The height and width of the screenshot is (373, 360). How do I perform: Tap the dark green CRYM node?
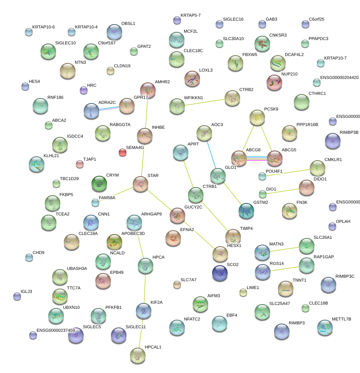click(x=99, y=183)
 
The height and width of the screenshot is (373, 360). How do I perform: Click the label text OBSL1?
click(x=128, y=23)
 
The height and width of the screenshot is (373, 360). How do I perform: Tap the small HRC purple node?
click(x=83, y=90)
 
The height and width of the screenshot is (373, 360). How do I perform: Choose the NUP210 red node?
click(x=274, y=82)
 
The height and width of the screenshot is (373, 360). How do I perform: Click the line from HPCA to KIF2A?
click(x=144, y=288)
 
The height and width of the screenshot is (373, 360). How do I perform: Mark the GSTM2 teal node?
click(x=246, y=210)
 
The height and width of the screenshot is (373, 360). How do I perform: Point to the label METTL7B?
click(x=341, y=319)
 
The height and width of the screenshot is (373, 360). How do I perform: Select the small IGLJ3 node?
click(x=17, y=296)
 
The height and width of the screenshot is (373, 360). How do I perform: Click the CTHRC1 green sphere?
click(x=301, y=102)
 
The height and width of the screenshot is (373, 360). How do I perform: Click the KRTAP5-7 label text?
click(x=191, y=15)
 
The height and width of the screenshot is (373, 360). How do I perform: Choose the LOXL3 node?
click(x=192, y=78)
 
